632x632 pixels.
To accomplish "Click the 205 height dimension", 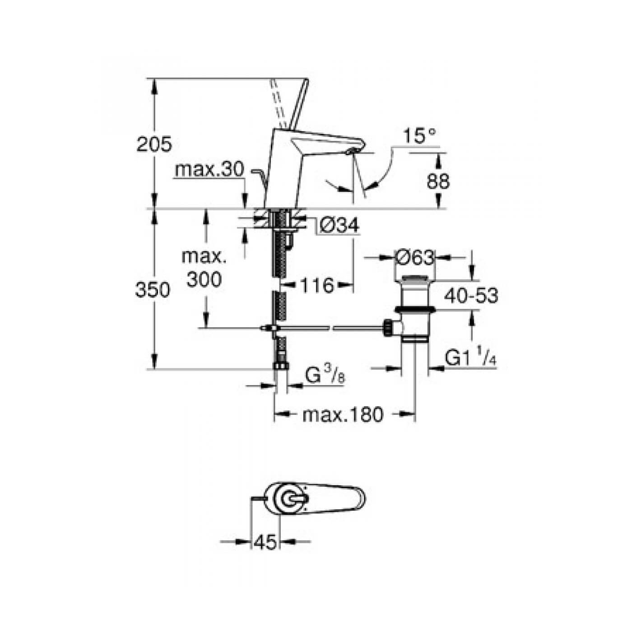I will click(x=154, y=144).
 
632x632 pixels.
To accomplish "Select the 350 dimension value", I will click(x=153, y=290).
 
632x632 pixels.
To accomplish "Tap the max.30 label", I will click(x=209, y=170).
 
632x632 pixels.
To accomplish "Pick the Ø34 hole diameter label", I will click(x=339, y=224).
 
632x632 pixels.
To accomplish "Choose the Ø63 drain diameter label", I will click(x=414, y=258).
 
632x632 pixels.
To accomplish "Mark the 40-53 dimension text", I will click(x=471, y=296).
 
